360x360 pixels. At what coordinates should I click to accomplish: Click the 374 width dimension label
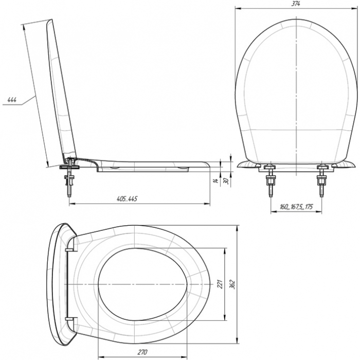point(296,4)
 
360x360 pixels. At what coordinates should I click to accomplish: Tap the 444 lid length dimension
point(12,100)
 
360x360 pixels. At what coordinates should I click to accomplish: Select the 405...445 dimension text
point(127,199)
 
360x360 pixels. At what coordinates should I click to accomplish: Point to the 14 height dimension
point(215,180)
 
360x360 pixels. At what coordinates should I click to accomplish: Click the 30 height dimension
point(226,181)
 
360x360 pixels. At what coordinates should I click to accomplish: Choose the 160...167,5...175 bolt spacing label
point(296,207)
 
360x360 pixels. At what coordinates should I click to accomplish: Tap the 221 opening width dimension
point(220,284)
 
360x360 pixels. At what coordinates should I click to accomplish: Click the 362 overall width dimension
point(232,284)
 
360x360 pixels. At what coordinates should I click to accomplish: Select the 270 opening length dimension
point(142,352)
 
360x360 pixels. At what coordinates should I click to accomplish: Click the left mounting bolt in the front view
point(271,181)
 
